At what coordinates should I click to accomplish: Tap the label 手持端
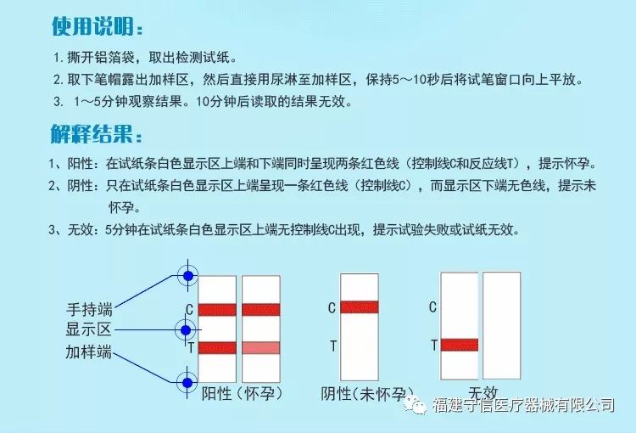[x=89, y=310]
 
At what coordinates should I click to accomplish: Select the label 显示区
[x=88, y=329]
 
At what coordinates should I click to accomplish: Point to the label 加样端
[x=88, y=351]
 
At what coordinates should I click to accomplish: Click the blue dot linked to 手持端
[x=187, y=276]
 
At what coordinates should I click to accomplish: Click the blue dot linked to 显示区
[x=186, y=330]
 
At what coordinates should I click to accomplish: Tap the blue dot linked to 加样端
[x=187, y=383]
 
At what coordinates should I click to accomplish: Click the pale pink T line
[x=261, y=348]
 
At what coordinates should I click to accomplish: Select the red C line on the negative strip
[x=360, y=307]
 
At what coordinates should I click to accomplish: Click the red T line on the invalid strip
[x=460, y=345]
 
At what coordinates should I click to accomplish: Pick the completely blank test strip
[x=501, y=325]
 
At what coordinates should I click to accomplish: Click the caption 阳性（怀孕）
[x=242, y=393]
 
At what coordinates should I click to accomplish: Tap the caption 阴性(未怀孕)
[x=367, y=393]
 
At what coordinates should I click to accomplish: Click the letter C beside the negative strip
[x=332, y=308]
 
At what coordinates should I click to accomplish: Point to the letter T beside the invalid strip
[x=434, y=346]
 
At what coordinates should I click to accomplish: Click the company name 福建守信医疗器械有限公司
[x=523, y=405]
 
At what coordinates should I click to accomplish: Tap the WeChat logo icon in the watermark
[x=416, y=405]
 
